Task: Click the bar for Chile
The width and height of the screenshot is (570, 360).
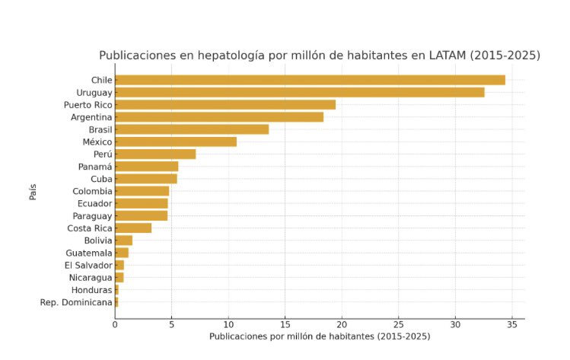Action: click(x=310, y=80)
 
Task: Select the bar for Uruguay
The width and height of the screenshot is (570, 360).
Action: click(x=299, y=92)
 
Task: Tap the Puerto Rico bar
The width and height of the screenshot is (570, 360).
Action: click(x=225, y=104)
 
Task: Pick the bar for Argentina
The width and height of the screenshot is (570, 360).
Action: click(x=219, y=117)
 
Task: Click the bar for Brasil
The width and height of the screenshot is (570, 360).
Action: click(x=192, y=129)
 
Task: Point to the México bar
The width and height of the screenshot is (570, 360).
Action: click(x=176, y=142)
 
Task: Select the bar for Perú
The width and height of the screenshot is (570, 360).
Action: click(x=155, y=154)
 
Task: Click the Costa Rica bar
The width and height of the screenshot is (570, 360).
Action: click(x=133, y=228)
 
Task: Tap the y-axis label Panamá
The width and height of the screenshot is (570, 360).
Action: click(x=95, y=167)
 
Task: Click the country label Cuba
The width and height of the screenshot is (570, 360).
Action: click(x=101, y=179)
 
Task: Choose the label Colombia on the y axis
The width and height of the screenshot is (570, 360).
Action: click(x=92, y=191)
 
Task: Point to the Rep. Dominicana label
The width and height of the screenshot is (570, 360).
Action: click(x=76, y=302)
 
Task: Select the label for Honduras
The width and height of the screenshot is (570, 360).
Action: click(x=92, y=290)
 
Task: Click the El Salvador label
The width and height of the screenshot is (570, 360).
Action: click(x=88, y=265)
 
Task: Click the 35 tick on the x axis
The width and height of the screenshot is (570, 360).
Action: click(x=512, y=324)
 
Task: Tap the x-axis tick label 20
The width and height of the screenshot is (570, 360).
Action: click(x=342, y=324)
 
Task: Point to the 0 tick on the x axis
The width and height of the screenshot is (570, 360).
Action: click(x=115, y=324)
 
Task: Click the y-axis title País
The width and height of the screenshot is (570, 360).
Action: click(x=33, y=191)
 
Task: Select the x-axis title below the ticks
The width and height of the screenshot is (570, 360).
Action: click(x=320, y=336)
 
